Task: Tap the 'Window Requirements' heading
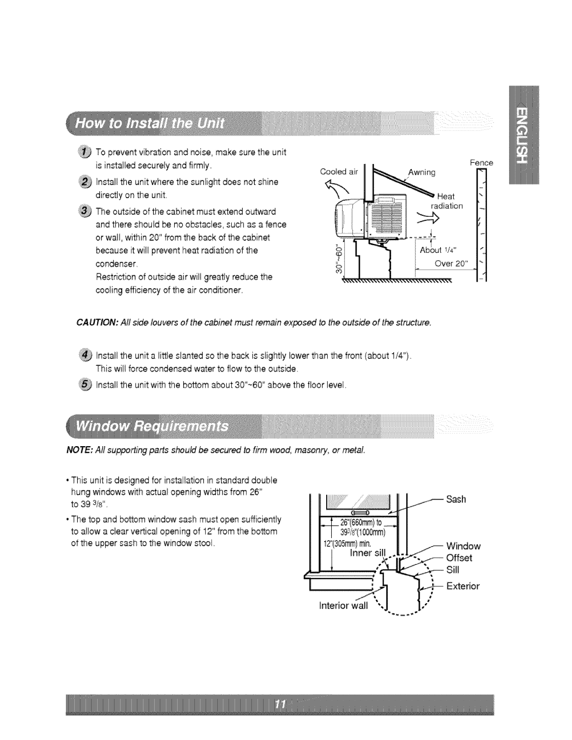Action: click(x=152, y=426)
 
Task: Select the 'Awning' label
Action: click(x=422, y=172)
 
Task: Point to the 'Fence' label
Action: click(x=481, y=163)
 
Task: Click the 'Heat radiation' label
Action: click(x=447, y=201)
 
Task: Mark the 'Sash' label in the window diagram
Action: click(x=456, y=499)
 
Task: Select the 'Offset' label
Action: click(x=459, y=558)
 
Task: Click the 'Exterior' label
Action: click(x=463, y=586)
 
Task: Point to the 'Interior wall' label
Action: click(x=343, y=606)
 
